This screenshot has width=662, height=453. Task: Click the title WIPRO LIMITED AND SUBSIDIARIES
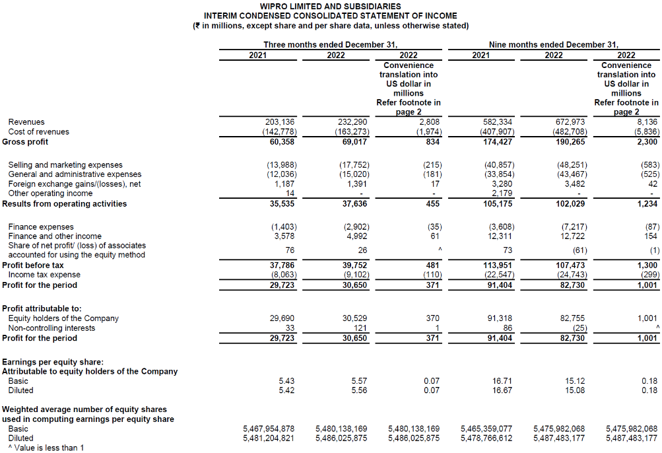[x=330, y=6]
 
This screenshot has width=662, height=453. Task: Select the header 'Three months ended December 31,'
[x=330, y=44]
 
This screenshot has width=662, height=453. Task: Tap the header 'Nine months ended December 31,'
[x=554, y=44]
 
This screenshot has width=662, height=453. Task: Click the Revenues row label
[x=26, y=122]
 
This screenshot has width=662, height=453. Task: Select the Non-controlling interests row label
[x=51, y=328]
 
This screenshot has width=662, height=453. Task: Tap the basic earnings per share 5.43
[x=286, y=381]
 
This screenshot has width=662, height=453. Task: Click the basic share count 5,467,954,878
[x=269, y=429]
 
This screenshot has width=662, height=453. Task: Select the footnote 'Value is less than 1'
[x=46, y=448]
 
